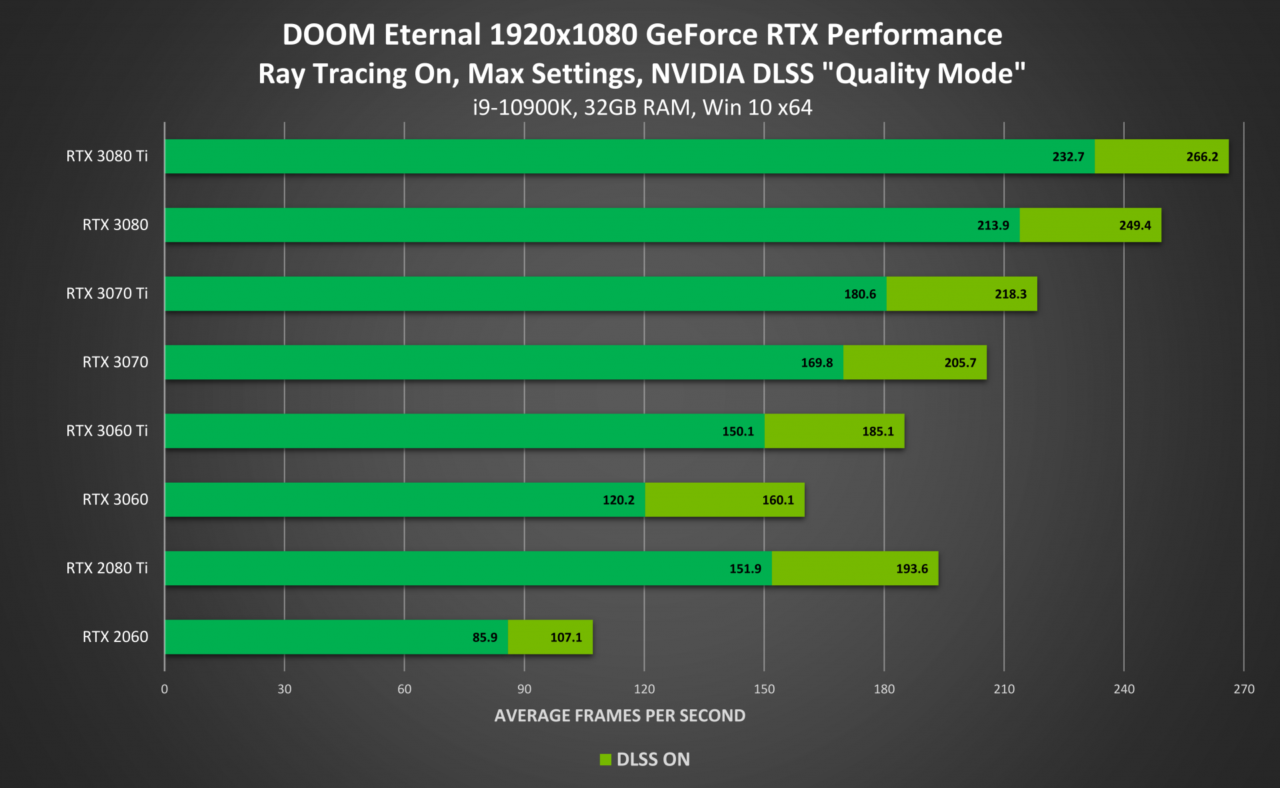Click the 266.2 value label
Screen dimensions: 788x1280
1201,157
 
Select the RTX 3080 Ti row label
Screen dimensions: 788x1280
107,156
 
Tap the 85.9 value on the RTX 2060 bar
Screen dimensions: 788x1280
485,637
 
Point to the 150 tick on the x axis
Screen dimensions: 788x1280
764,689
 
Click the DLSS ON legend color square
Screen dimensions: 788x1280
605,759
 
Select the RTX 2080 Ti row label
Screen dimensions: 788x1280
107,568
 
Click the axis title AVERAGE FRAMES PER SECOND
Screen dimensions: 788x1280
619,715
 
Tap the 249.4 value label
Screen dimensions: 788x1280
1135,225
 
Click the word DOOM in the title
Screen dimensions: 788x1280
329,35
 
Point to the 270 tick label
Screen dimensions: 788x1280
1243,689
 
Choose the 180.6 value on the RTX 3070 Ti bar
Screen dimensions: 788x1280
859,294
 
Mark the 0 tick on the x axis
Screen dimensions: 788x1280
165,689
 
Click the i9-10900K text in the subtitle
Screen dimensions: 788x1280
523,107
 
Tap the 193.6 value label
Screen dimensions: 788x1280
911,569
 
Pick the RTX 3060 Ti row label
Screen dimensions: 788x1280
107,431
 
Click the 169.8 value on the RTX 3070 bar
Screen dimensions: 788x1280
817,363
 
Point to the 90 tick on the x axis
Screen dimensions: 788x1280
524,689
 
